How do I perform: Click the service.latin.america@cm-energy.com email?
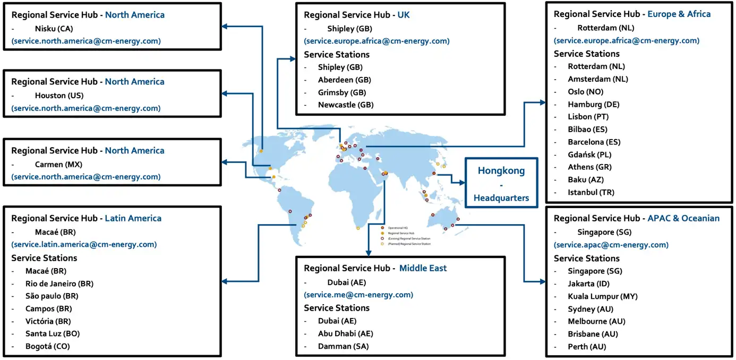tap(84, 245)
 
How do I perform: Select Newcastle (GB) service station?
tap(346, 105)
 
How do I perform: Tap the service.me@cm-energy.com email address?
tap(358, 295)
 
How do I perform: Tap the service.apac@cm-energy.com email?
tap(611, 245)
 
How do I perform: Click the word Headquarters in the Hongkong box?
tap(501, 198)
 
